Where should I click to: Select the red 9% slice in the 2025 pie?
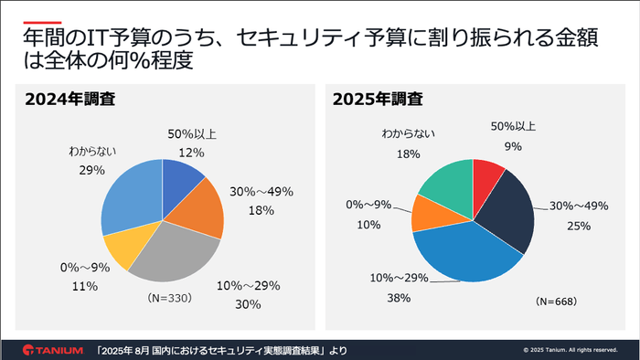[487, 174]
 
